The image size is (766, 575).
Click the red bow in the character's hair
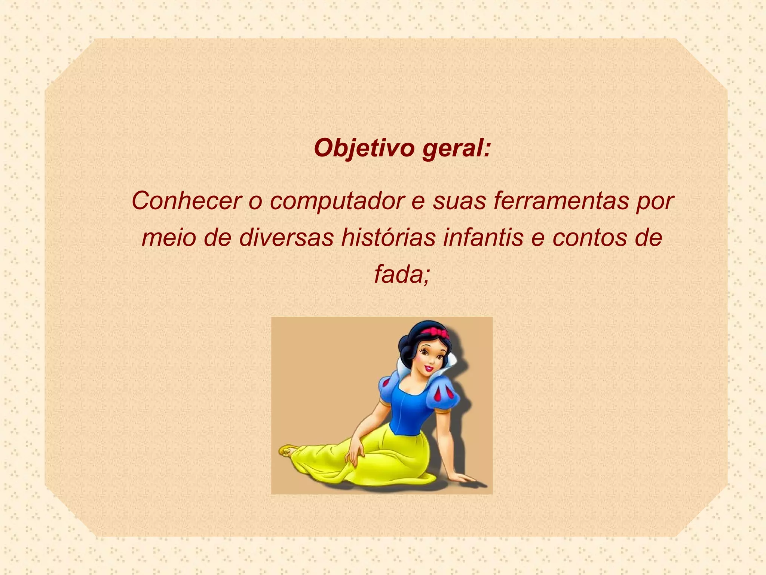coord(435,331)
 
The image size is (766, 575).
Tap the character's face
coord(430,358)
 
